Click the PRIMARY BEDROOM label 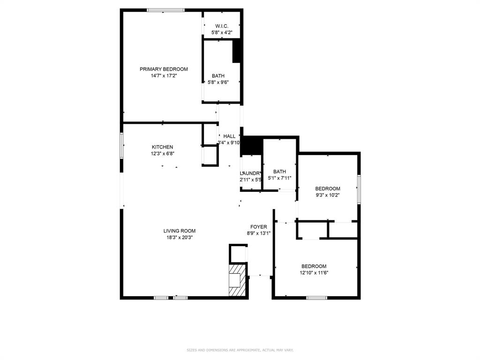coord(164,69)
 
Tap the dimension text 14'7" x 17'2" coord(164,75)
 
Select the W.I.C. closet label coord(222,26)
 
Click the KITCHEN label coord(162,147)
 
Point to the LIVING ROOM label coord(180,231)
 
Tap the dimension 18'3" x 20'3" coord(180,237)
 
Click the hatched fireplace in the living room coord(236,280)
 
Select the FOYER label coord(258,227)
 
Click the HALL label coord(229,136)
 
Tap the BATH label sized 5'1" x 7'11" coord(279,172)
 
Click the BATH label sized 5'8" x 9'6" coord(218,75)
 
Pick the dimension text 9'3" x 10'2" coord(327,195)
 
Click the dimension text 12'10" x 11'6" coord(314,272)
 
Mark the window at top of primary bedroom coord(165,10)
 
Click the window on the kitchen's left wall coord(121,146)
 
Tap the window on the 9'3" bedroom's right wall coord(359,189)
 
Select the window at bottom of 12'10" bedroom coord(317,297)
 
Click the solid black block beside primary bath coord(238,51)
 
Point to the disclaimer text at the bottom coord(240,350)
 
